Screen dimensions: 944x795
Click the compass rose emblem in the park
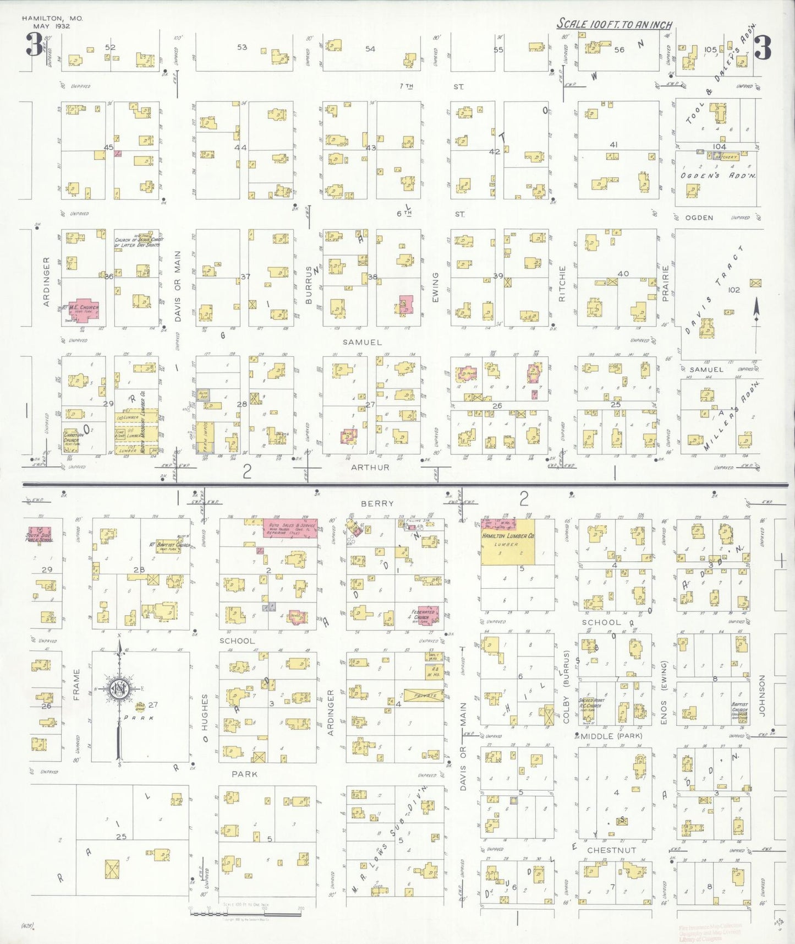[118, 688]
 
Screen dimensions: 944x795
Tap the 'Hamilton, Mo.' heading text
[52, 18]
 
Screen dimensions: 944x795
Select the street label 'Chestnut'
[611, 850]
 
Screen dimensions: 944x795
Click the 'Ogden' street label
[699, 218]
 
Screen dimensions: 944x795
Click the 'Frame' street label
[76, 685]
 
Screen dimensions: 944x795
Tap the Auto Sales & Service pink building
[290, 528]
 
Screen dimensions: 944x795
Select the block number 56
[619, 50]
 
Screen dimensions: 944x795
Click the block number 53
[242, 47]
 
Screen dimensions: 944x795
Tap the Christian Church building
[74, 440]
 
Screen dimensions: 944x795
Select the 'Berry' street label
[377, 503]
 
